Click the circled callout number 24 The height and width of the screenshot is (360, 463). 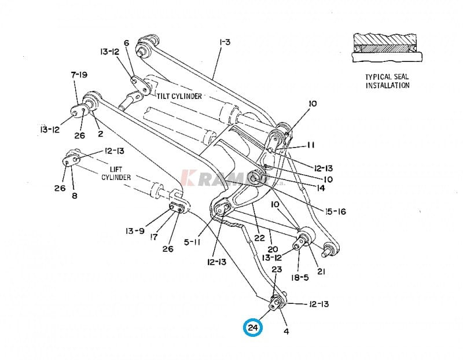(253, 328)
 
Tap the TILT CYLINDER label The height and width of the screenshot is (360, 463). (179, 96)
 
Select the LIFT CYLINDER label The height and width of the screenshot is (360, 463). (116, 172)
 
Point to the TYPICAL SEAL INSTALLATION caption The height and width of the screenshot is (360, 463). (387, 81)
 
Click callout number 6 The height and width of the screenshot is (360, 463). (126, 43)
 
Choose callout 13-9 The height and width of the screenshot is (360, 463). (136, 232)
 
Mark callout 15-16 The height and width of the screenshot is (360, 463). (335, 212)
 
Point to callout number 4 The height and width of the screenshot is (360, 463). (286, 332)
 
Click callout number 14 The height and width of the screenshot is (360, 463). (321, 188)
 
